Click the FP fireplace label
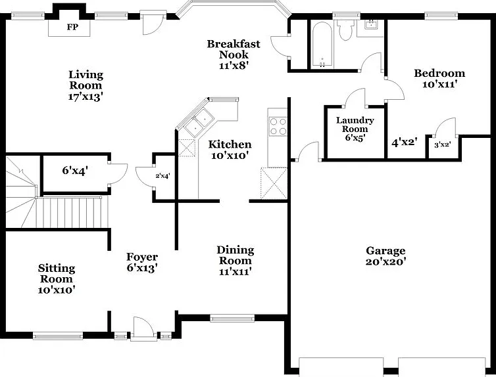pos(72,27)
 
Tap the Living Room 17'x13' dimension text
pos(86,97)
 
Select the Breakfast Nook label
pos(234,49)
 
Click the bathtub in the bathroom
pos(322,45)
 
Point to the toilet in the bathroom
pos(345,30)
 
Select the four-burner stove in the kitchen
pos(278,126)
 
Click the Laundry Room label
pos(355,124)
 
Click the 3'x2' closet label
pos(443,145)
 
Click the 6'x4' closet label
pos(75,171)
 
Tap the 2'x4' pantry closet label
pos(163,176)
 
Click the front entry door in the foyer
pos(143,329)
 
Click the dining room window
pos(232,318)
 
